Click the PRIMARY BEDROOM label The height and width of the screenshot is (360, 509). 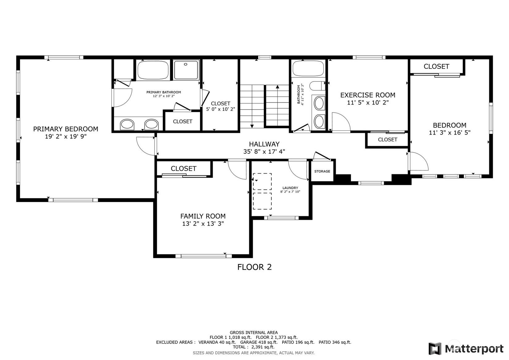click(66, 129)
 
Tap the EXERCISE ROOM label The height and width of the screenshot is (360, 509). click(368, 95)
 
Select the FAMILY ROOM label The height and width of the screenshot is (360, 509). click(203, 216)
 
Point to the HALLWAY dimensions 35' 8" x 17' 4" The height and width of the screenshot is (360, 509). click(264, 152)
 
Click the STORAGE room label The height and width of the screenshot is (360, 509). click(322, 171)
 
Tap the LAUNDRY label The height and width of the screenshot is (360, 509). click(290, 188)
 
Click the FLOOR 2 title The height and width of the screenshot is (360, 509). click(255, 267)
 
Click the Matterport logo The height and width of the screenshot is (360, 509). click(466, 349)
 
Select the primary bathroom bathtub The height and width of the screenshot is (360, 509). click(153, 70)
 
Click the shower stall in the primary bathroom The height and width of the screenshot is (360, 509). click(186, 70)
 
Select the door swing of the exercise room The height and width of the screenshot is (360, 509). click(341, 122)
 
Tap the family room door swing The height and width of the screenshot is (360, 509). click(237, 170)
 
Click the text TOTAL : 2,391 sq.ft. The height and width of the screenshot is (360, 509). click(254, 347)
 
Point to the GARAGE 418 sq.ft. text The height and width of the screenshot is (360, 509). click(259, 342)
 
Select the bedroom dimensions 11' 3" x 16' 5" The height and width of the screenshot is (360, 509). click(449, 133)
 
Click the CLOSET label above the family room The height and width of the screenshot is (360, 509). click(183, 169)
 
